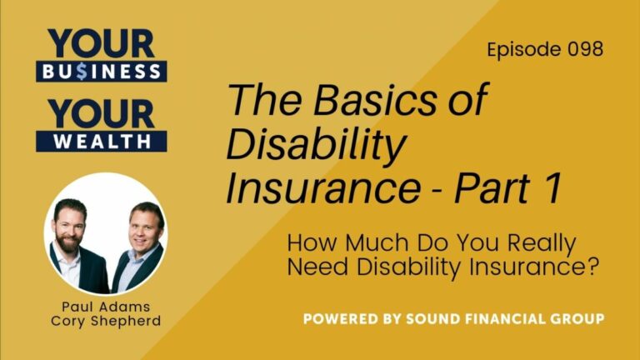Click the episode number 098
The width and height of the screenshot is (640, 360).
coord(583,49)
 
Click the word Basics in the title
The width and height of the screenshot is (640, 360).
coord(351,102)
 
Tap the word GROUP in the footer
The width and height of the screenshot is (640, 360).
coord(577,319)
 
